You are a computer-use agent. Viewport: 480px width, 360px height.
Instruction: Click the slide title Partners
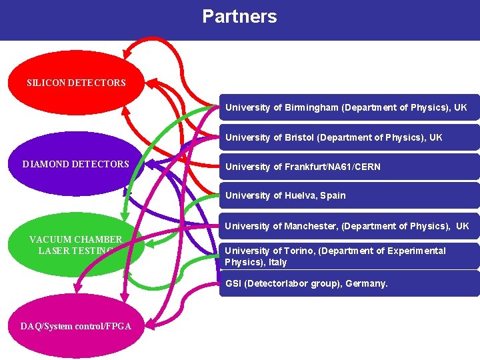(x=239, y=17)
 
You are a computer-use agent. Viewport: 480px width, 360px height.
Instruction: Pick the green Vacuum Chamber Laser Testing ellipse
(x=75, y=245)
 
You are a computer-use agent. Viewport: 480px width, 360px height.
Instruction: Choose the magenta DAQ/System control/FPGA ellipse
(x=75, y=325)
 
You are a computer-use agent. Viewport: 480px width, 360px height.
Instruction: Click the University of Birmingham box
(x=349, y=107)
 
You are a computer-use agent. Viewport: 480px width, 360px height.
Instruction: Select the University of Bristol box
(x=349, y=137)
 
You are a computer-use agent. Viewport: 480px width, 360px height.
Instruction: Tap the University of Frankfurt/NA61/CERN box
(x=349, y=167)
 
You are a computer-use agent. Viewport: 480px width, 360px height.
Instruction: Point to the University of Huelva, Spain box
(x=349, y=196)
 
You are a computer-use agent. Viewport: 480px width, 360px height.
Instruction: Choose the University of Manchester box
(x=349, y=226)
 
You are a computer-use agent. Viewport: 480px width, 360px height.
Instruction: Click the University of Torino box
(x=349, y=256)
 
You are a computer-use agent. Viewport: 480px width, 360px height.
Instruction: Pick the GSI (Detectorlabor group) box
(x=349, y=284)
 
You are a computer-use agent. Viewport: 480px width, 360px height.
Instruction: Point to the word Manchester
(x=311, y=226)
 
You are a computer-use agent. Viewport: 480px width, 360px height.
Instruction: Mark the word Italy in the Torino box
(x=278, y=262)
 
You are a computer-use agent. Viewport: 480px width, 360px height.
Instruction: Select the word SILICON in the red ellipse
(x=45, y=83)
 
